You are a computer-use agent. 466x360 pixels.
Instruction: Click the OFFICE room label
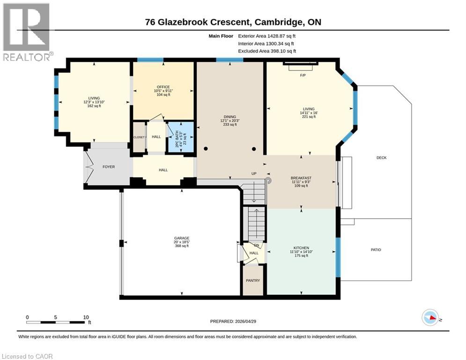coord(163,86)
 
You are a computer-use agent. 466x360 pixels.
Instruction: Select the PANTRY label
coord(253,280)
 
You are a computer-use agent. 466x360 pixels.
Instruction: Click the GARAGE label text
coord(182,238)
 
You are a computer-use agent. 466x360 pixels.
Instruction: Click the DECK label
coord(381,157)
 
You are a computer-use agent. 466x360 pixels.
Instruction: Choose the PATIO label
coord(376,250)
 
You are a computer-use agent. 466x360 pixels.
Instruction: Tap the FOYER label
coord(108,167)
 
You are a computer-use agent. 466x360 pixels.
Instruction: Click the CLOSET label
coord(139,137)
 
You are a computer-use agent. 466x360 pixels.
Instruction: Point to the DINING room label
coord(229,117)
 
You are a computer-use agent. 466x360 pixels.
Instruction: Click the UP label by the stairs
coord(254,173)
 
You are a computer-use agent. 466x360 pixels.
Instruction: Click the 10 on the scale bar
coord(86,317)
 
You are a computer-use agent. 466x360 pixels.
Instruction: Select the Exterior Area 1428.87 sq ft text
coord(267,36)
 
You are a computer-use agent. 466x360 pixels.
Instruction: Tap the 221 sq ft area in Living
coord(309,117)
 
